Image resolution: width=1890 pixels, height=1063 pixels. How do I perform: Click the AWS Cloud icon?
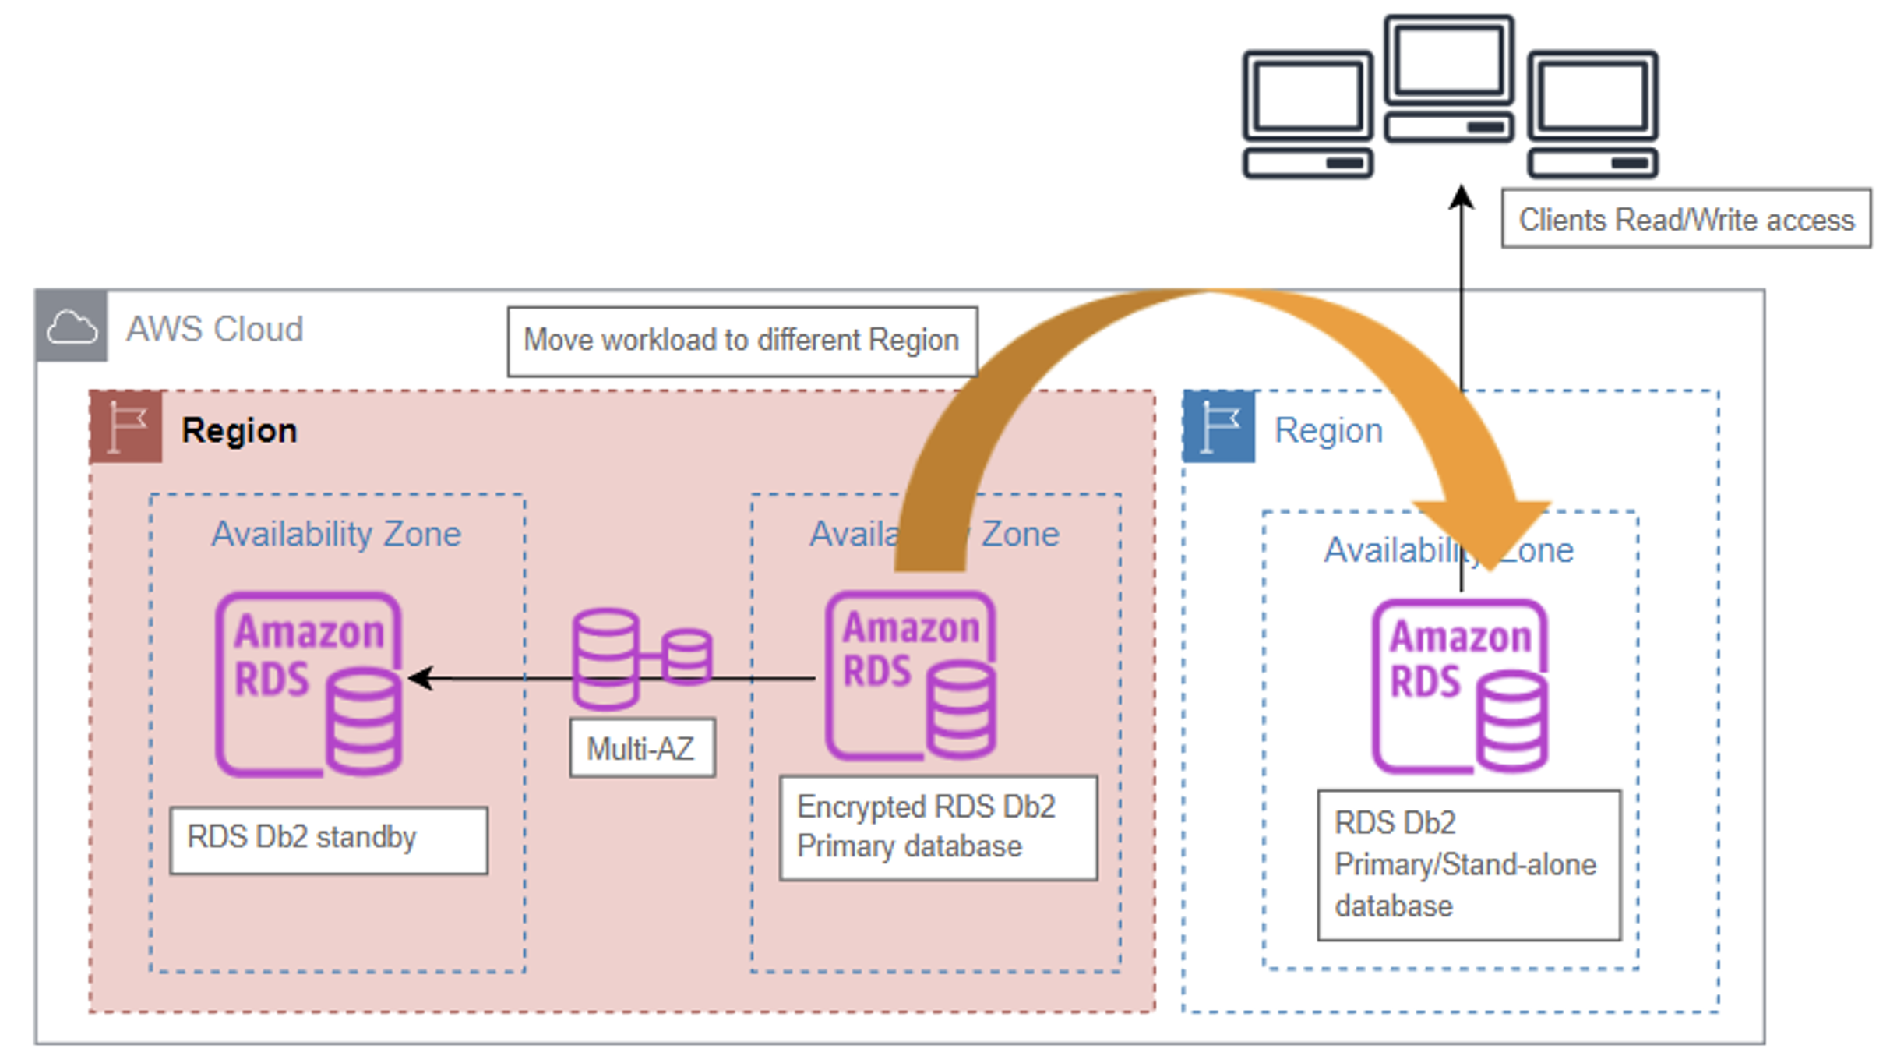point(71,326)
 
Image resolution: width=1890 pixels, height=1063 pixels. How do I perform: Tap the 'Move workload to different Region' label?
point(742,341)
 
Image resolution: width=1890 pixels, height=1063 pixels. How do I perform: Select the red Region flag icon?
point(126,427)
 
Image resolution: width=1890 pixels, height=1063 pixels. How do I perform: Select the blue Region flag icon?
point(1218,427)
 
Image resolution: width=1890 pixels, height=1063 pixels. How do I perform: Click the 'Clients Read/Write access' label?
point(1686,219)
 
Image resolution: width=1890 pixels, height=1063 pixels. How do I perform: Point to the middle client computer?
point(1449,78)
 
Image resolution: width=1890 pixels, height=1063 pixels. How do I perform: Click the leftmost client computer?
point(1307,114)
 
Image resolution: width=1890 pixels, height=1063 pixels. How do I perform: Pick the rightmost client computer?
point(1592,114)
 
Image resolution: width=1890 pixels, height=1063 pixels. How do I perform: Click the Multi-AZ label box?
point(642,748)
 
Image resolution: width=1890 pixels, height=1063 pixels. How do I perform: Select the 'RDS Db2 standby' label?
point(329,839)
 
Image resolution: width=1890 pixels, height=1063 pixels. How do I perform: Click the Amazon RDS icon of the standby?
point(309,684)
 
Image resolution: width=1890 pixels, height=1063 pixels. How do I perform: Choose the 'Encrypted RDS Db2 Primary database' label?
point(938,828)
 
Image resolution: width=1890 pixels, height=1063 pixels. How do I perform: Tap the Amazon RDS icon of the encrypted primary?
point(910,675)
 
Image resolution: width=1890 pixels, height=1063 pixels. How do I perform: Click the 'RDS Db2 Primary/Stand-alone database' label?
point(1469,864)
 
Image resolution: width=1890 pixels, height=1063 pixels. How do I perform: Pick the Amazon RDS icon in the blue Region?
point(1459,686)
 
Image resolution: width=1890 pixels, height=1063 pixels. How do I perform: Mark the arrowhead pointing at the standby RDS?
point(421,678)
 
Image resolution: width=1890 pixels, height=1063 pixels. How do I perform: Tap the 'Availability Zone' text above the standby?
point(337,535)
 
